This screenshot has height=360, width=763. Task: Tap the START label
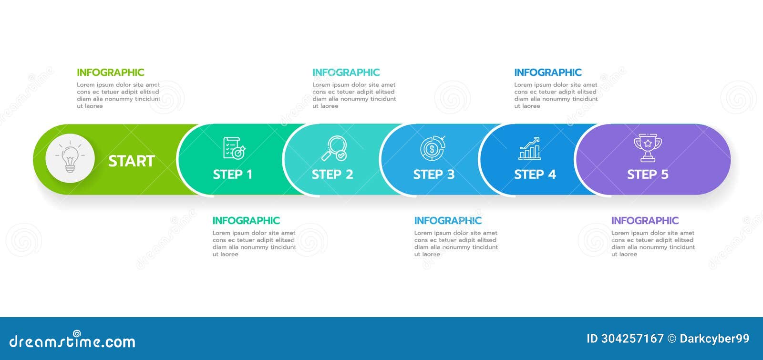pyautogui.click(x=131, y=161)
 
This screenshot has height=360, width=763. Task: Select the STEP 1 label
pyautogui.click(x=233, y=175)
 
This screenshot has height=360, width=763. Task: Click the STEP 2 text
pyautogui.click(x=332, y=175)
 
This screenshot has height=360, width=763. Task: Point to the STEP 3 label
pyautogui.click(x=434, y=175)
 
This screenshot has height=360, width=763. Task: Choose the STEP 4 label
pyautogui.click(x=535, y=175)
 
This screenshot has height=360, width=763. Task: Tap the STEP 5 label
pyautogui.click(x=648, y=175)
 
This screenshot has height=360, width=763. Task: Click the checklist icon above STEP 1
pyautogui.click(x=234, y=148)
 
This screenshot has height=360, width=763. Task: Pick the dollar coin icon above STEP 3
pyautogui.click(x=433, y=148)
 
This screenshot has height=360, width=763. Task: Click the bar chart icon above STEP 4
pyautogui.click(x=529, y=148)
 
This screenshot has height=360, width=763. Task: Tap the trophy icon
pyautogui.click(x=648, y=147)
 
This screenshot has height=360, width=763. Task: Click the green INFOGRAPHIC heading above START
pyautogui.click(x=111, y=72)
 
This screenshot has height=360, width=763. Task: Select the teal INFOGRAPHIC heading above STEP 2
pyautogui.click(x=346, y=72)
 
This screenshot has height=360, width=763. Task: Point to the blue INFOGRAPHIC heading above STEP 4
pyautogui.click(x=548, y=72)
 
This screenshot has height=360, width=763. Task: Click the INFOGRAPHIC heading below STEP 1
pyautogui.click(x=246, y=221)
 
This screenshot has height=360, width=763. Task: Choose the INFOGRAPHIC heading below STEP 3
pyautogui.click(x=448, y=221)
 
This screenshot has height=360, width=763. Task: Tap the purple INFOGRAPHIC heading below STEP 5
pyautogui.click(x=645, y=221)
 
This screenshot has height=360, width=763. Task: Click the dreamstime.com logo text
pyautogui.click(x=72, y=341)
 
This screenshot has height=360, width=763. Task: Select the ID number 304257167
pyautogui.click(x=632, y=339)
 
